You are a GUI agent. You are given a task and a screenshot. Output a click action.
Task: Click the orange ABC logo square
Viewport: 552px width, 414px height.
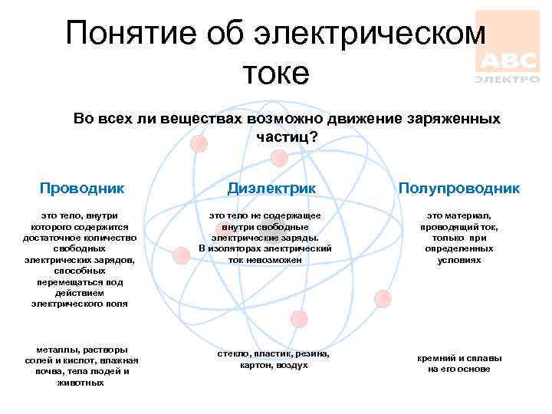point(507,42)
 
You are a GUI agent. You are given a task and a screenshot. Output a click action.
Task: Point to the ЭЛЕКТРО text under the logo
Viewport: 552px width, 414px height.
point(507,79)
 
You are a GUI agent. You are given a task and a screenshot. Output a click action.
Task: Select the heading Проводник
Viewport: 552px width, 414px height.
point(82,188)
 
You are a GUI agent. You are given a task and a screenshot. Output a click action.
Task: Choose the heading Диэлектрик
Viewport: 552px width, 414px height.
point(271,189)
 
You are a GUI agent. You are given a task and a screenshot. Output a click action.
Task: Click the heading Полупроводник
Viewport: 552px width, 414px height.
point(459,188)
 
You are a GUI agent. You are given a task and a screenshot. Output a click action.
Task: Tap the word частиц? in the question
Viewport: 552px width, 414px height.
point(287,137)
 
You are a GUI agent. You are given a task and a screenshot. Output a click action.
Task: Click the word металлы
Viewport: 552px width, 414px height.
point(53,350)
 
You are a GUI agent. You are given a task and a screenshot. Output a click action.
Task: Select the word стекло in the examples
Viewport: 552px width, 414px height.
point(232,354)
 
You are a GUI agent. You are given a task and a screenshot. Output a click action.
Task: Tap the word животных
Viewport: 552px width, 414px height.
point(81,382)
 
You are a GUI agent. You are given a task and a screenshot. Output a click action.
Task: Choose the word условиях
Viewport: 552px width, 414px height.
point(459,260)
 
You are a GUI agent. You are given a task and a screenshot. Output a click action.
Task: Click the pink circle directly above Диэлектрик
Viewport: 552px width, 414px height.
point(280,158)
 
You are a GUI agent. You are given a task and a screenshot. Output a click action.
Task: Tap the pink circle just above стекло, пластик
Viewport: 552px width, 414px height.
point(299,319)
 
